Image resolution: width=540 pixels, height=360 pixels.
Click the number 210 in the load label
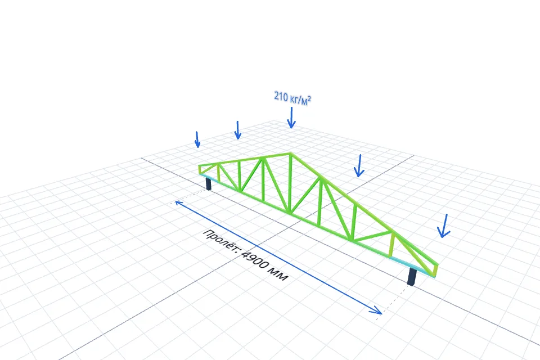[281, 96]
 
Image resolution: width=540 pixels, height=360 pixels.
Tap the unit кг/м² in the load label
[300, 100]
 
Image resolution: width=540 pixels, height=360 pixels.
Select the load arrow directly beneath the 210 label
[291, 118]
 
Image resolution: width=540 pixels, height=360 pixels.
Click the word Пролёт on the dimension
[220, 240]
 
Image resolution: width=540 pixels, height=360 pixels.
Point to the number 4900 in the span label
[254, 259]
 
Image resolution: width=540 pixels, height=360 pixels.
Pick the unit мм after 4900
[279, 274]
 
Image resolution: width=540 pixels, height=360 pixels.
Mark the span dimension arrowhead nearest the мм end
[376, 310]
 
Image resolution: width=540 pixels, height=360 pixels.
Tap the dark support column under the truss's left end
[208, 183]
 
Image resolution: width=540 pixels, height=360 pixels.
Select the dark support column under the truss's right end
[412, 277]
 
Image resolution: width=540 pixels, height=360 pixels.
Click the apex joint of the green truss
[290, 154]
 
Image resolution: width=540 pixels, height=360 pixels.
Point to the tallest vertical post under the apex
[290, 183]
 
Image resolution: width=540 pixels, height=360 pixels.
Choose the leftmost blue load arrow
[197, 139]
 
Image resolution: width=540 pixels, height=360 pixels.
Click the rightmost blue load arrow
[444, 226]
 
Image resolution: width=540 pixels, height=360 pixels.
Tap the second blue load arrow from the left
[237, 130]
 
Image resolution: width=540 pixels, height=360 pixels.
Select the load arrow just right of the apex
[359, 166]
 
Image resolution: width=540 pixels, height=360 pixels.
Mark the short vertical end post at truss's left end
[200, 169]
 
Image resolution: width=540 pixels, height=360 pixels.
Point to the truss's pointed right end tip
[436, 265]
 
